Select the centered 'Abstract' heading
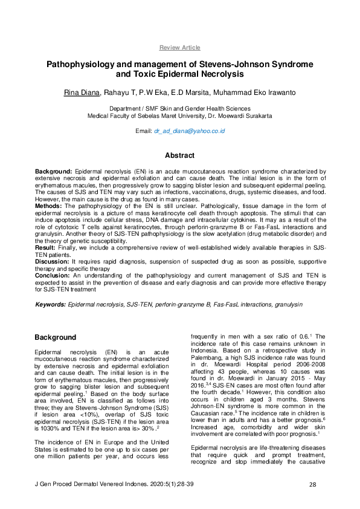(x=179, y=155)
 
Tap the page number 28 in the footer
(x=312, y=485)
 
